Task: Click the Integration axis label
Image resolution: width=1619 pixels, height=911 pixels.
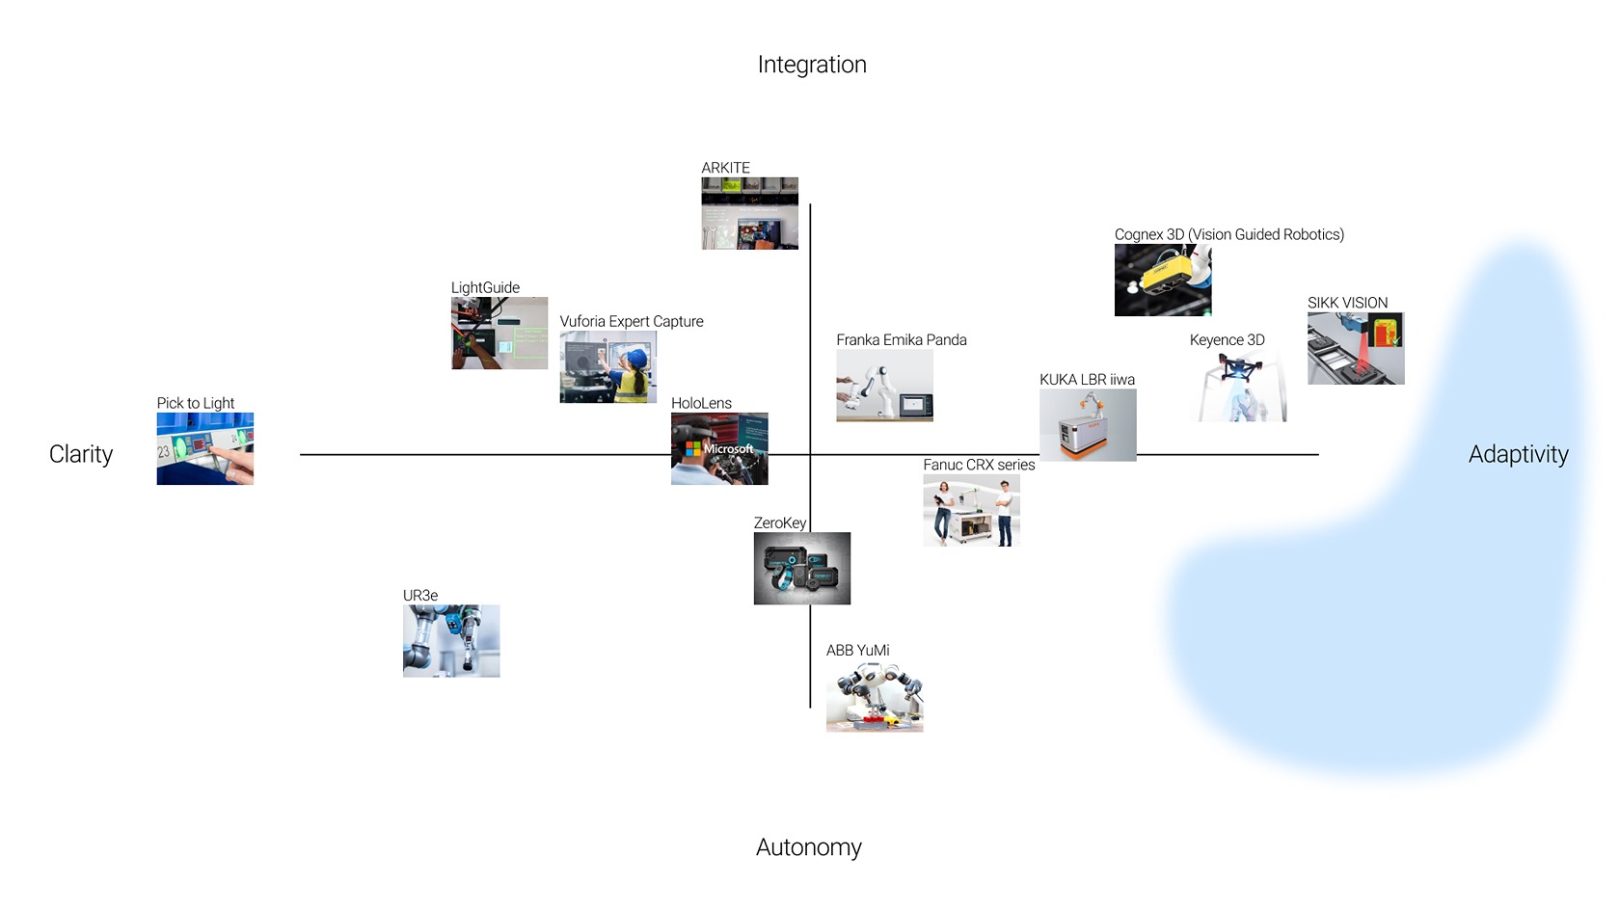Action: [x=812, y=65]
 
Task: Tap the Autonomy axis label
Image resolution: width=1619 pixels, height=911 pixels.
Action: [x=808, y=847]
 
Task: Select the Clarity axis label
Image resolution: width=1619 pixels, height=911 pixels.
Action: [x=81, y=454]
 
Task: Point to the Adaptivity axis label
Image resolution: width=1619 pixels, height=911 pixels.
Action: [x=1518, y=454]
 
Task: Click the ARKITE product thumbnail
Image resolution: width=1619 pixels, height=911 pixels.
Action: [x=749, y=213]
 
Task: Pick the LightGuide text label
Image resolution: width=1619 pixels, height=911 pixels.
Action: [x=485, y=287]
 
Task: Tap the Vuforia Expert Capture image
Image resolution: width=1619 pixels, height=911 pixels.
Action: [x=607, y=366]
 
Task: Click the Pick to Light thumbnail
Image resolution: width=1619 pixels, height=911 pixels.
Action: [x=204, y=448]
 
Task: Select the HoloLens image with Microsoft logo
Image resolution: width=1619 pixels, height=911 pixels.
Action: [x=719, y=448]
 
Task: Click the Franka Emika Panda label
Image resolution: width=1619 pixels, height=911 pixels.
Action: [x=901, y=339]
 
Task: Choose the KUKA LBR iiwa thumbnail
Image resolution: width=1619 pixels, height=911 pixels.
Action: [x=1087, y=424]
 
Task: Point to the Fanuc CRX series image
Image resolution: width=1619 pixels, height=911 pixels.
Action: [x=971, y=510]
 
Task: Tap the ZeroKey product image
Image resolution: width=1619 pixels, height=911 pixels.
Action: [x=801, y=568]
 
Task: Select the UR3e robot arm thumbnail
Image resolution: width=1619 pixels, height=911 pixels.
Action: [x=450, y=640]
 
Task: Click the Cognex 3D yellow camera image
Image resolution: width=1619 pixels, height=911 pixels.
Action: [x=1162, y=280]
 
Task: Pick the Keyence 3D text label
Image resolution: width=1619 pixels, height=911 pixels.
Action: [x=1227, y=339]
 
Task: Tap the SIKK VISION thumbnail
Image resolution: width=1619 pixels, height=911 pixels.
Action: [x=1355, y=348]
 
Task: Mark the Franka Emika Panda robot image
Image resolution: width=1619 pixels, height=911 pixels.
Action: [x=884, y=385]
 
